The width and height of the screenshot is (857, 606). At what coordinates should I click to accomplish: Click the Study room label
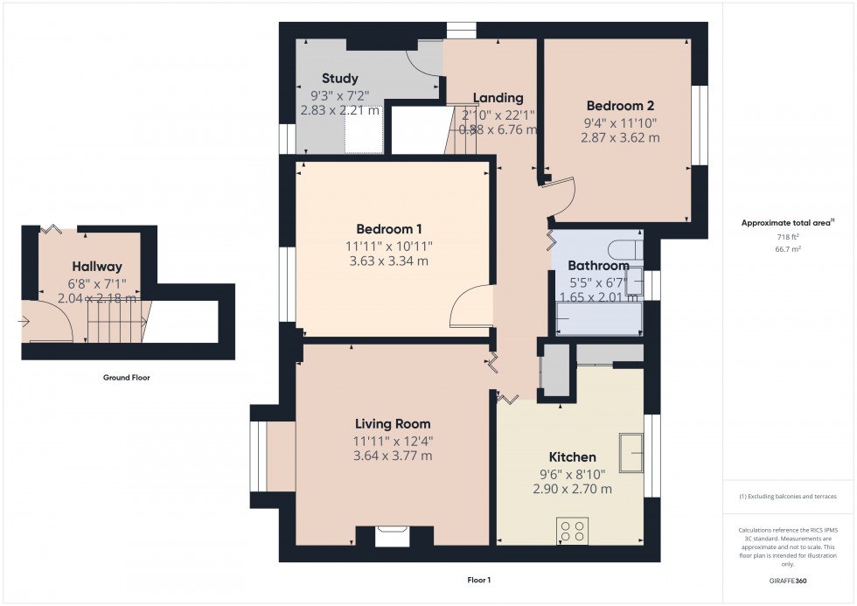pos(339,79)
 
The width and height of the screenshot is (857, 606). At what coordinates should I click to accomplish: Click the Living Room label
pos(392,424)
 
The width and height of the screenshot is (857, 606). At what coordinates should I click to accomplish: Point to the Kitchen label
pos(572,457)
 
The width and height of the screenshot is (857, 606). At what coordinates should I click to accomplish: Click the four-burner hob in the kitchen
pos(573,530)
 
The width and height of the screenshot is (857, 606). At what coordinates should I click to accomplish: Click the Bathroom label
pos(598,266)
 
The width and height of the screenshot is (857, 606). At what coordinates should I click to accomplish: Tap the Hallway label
pos(97,267)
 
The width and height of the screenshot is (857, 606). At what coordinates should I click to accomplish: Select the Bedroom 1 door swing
pos(472,307)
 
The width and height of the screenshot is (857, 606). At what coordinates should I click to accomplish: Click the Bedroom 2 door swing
pos(558,196)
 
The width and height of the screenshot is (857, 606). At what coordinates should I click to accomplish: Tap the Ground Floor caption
pos(128,378)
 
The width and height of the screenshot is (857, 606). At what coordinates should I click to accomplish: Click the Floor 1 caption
pos(479,580)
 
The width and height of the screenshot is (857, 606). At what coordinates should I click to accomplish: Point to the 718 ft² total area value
pos(789,236)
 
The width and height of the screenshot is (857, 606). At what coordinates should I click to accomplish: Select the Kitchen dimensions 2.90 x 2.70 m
pos(572,489)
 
